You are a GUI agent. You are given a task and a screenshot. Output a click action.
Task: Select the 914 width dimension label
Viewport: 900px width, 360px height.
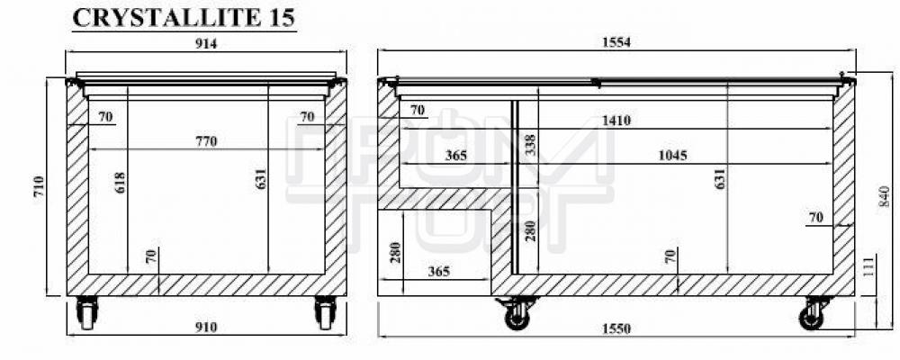(x=206, y=43)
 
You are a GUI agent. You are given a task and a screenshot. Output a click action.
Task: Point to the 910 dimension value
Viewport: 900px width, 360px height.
(x=206, y=328)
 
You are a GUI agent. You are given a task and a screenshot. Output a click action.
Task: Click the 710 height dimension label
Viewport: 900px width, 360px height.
(x=39, y=186)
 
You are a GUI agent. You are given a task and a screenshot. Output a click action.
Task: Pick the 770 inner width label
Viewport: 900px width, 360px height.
(x=206, y=141)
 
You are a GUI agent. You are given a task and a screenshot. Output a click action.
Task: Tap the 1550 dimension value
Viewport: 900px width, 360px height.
(x=616, y=329)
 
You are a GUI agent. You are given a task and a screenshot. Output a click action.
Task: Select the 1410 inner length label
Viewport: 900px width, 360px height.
(x=616, y=121)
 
